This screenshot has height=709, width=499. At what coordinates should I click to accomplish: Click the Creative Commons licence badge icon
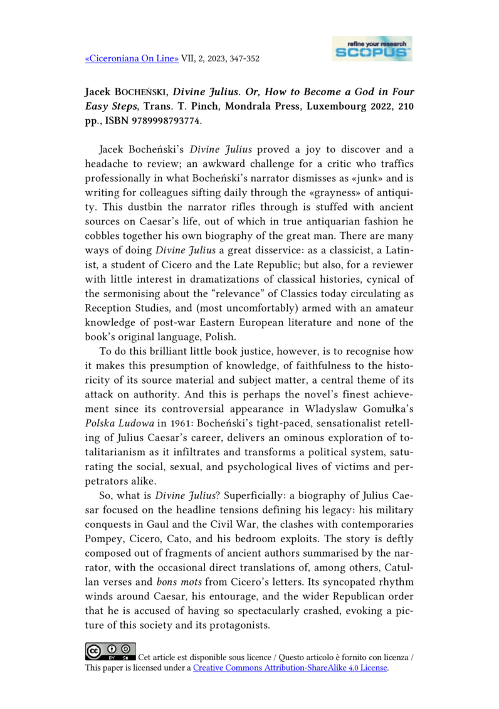tap(110, 654)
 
